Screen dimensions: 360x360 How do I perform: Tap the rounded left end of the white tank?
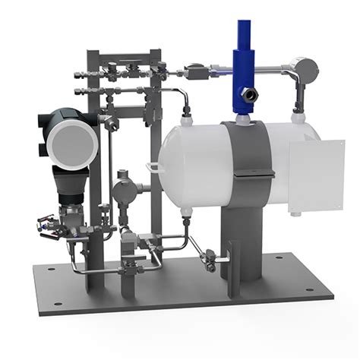169,159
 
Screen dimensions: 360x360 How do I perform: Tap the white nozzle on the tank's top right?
296,115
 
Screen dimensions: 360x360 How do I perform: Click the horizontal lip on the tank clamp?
253,176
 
